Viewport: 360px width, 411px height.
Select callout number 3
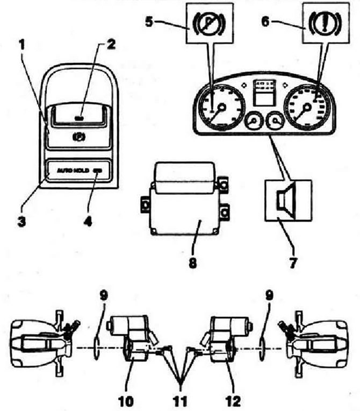pos(20,221)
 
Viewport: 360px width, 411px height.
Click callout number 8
pos(193,264)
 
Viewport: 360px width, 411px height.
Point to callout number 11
pos(182,401)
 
